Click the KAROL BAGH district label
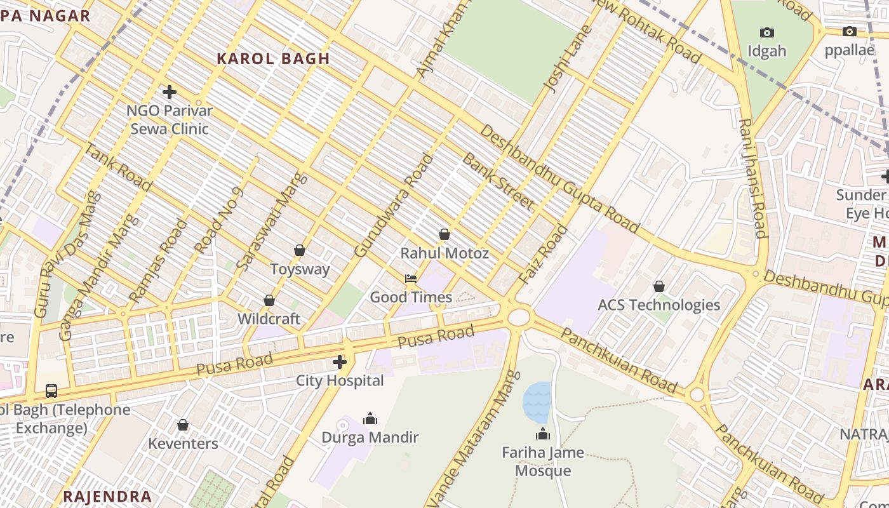pos(273,59)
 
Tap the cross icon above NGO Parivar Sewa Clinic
pos(169,92)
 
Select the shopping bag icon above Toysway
pos(300,250)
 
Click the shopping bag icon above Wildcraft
pos(269,300)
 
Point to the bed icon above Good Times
pos(411,278)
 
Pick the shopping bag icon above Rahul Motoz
pos(444,234)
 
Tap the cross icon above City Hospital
pos(340,362)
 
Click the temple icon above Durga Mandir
pos(370,418)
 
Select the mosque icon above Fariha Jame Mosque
pos(543,434)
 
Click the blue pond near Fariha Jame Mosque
pos(536,402)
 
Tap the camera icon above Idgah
pos(766,32)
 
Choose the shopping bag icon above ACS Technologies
pos(659,286)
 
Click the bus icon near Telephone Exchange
pos(51,391)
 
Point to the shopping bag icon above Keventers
pos(183,424)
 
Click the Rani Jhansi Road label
pos(752,178)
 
